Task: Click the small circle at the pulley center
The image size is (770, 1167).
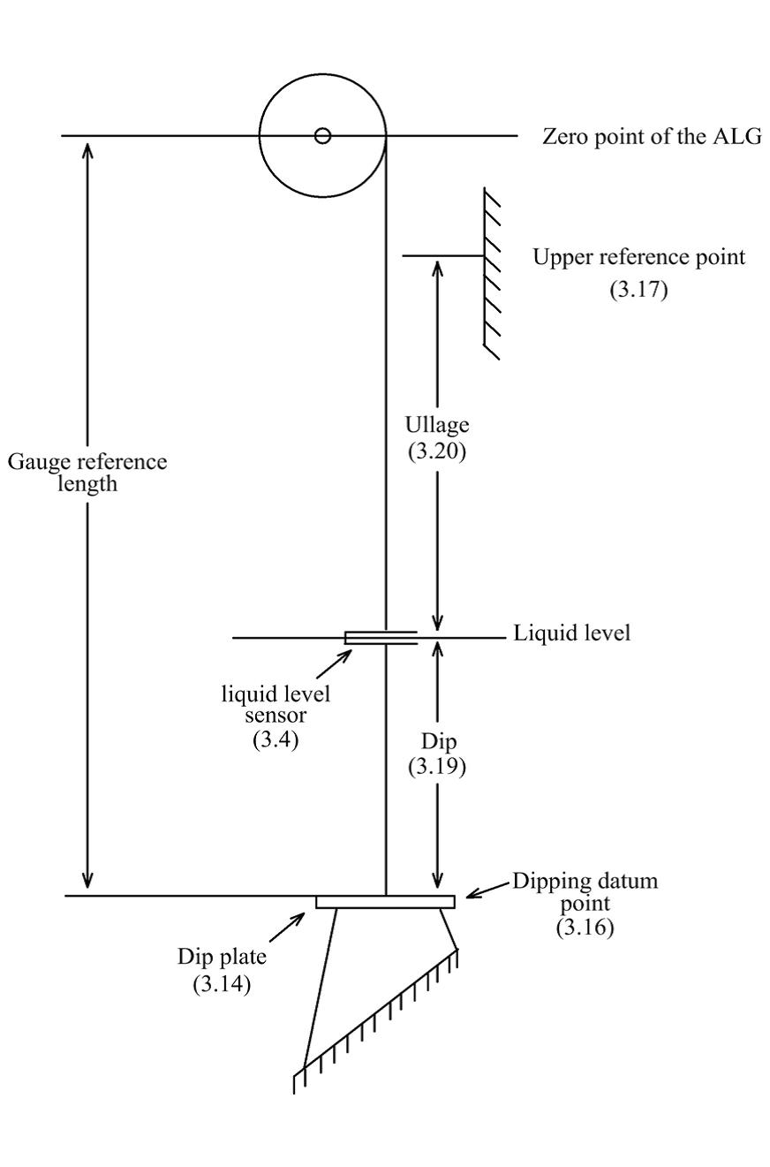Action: (x=323, y=136)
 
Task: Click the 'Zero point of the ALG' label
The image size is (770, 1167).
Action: (x=651, y=136)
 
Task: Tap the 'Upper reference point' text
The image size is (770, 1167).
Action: (x=639, y=257)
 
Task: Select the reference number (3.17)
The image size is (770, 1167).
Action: (x=638, y=291)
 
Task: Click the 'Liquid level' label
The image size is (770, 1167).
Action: (x=572, y=634)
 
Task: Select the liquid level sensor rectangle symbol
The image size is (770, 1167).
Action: (x=381, y=638)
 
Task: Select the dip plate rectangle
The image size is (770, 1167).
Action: (x=385, y=902)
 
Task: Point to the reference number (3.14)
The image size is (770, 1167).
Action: (x=223, y=984)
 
